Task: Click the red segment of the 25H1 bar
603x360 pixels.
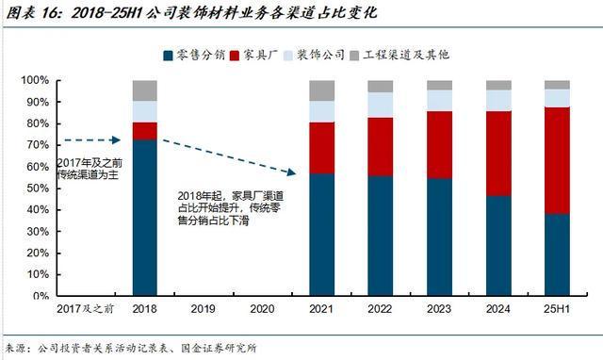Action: click(x=557, y=160)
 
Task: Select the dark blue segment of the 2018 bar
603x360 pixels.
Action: click(x=144, y=217)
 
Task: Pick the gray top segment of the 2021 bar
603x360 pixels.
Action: click(x=322, y=90)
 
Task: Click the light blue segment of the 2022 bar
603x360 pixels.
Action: click(x=381, y=105)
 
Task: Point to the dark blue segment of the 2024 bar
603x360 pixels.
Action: click(x=498, y=245)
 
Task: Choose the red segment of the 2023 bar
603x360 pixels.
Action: click(x=439, y=145)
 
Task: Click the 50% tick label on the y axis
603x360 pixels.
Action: click(x=41, y=188)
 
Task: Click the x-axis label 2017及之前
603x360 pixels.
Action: click(x=85, y=308)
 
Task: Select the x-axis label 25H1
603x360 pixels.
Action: click(x=557, y=308)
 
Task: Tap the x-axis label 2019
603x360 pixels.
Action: click(x=204, y=308)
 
